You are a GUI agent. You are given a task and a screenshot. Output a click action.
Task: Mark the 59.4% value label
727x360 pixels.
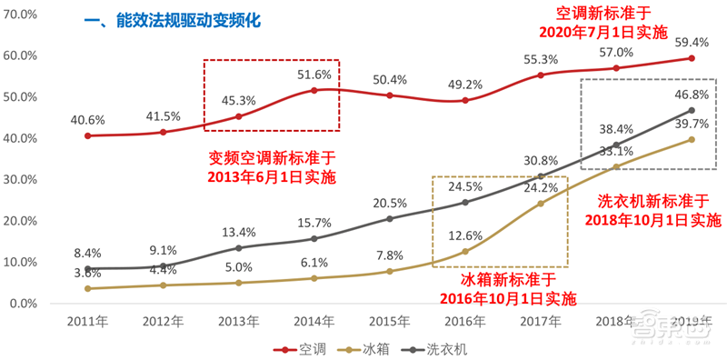tap(692, 41)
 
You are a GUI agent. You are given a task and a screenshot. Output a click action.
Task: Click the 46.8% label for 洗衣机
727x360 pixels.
tap(692, 94)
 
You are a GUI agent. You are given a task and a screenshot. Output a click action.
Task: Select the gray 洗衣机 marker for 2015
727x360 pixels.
tap(389, 218)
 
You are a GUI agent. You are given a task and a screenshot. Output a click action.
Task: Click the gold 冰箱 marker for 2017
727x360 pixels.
tap(540, 203)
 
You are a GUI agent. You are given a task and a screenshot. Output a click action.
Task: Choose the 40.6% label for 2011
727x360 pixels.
tap(86, 118)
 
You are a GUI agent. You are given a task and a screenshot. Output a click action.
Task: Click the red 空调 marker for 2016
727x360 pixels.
tap(464, 100)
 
